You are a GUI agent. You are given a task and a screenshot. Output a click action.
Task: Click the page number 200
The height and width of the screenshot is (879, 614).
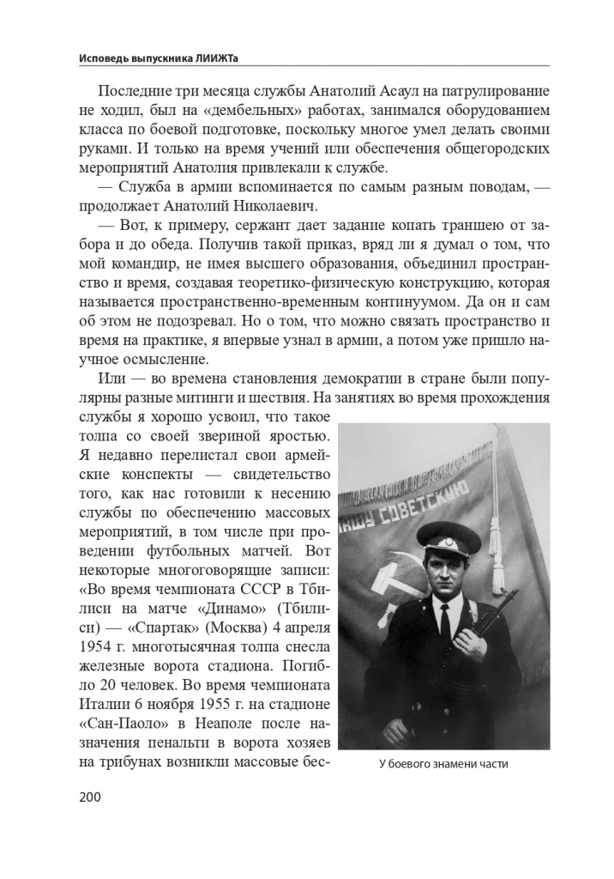pyautogui.click(x=89, y=797)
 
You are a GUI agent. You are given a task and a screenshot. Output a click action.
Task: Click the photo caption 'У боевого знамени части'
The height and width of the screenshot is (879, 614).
pyautogui.click(x=442, y=766)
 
